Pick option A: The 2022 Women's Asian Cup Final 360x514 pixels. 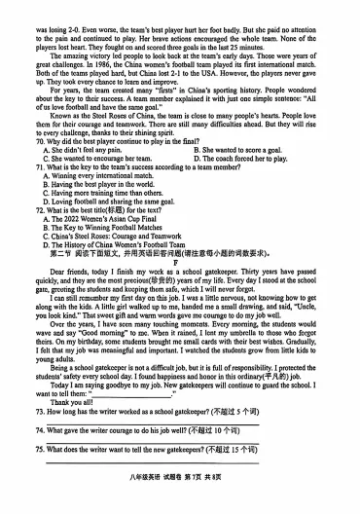click(98, 218)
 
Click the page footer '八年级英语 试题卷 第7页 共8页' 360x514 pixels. click(181, 496)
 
